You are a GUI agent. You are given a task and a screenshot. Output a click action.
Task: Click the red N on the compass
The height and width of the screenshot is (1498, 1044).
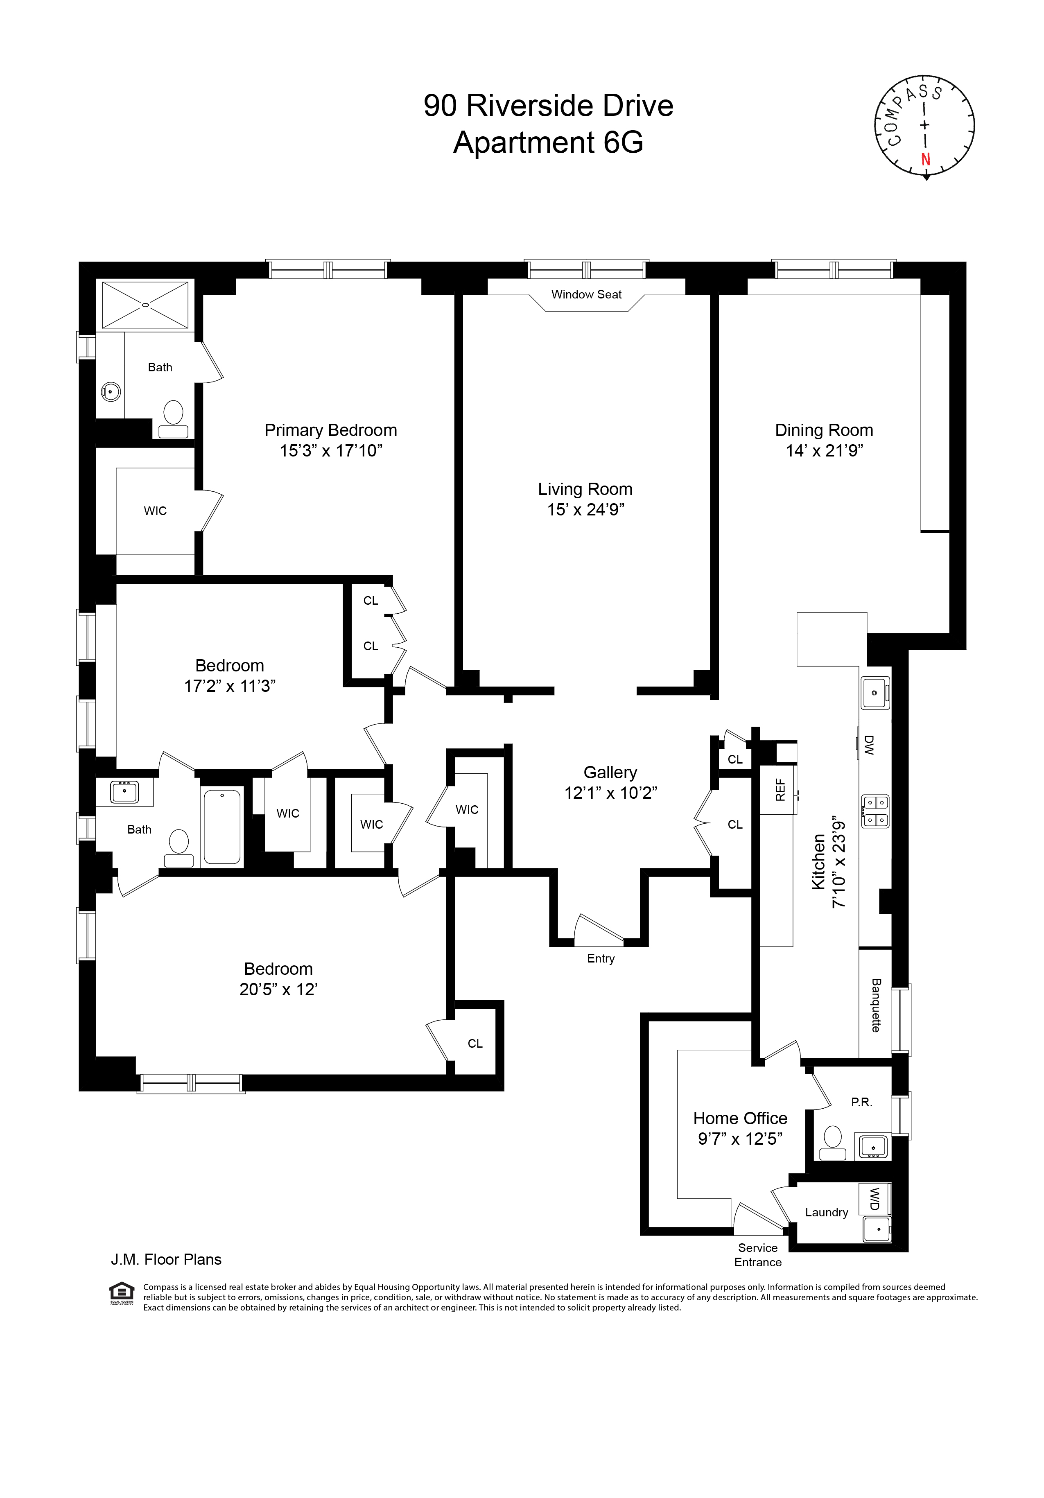925,158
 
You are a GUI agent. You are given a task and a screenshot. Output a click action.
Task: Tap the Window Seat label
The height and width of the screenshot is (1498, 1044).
586,294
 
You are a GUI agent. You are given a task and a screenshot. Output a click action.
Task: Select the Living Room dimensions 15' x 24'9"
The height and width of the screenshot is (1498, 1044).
585,510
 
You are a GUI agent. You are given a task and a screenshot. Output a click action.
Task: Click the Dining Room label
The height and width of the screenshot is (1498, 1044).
823,430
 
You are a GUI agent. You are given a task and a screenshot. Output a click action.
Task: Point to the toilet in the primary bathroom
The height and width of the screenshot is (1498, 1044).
173,418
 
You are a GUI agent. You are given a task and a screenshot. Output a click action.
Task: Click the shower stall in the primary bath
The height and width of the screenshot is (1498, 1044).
145,305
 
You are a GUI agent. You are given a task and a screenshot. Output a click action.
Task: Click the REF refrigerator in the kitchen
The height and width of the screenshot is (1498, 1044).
780,790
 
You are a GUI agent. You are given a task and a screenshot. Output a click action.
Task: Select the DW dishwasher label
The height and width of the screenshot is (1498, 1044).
868,744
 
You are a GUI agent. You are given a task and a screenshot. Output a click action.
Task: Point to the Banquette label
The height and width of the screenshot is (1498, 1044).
876,1005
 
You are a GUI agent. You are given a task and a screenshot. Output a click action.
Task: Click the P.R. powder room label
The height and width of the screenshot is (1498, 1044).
861,1102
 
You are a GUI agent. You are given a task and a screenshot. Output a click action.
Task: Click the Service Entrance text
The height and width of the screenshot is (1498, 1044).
757,1255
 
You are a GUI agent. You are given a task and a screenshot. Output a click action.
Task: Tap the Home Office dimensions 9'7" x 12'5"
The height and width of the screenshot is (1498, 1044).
740,1139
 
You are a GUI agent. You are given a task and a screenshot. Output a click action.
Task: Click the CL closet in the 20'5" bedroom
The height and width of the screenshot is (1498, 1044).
475,1043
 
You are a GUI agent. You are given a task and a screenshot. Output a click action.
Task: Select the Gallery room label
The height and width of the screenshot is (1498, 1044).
610,773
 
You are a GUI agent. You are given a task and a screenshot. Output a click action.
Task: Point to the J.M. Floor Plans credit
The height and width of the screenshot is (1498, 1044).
166,1259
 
